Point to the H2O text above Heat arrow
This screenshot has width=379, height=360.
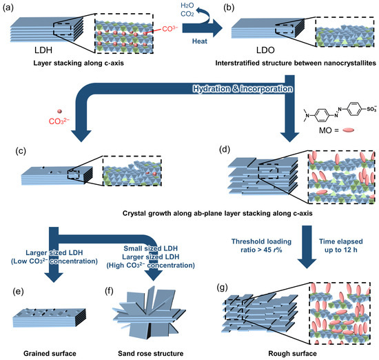coord(177,7)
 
